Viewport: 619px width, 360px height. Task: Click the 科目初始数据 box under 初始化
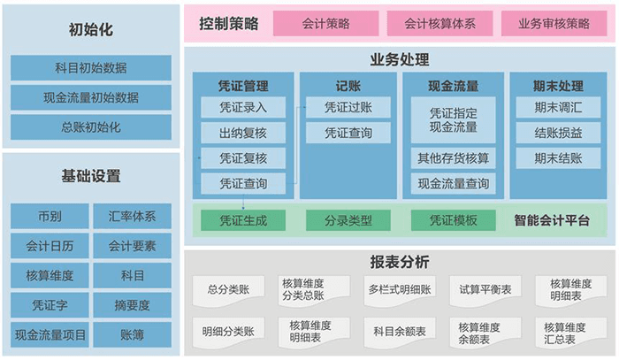91,67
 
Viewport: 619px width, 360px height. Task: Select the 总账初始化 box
91,126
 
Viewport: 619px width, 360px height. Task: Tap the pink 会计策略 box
325,24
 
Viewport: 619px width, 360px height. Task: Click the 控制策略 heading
228,24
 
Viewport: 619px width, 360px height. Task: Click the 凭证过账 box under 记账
348,108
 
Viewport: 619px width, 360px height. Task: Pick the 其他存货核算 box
454,159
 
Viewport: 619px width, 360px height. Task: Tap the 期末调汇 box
558,108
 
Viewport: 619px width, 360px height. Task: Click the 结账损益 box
558,134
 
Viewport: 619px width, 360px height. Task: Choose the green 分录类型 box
348,220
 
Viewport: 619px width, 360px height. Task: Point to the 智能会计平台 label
552,220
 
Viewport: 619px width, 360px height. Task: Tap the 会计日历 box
50,246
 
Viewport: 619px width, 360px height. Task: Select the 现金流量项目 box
50,335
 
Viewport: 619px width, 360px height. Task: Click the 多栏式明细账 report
399,289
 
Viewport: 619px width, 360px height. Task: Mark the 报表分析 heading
399,262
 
